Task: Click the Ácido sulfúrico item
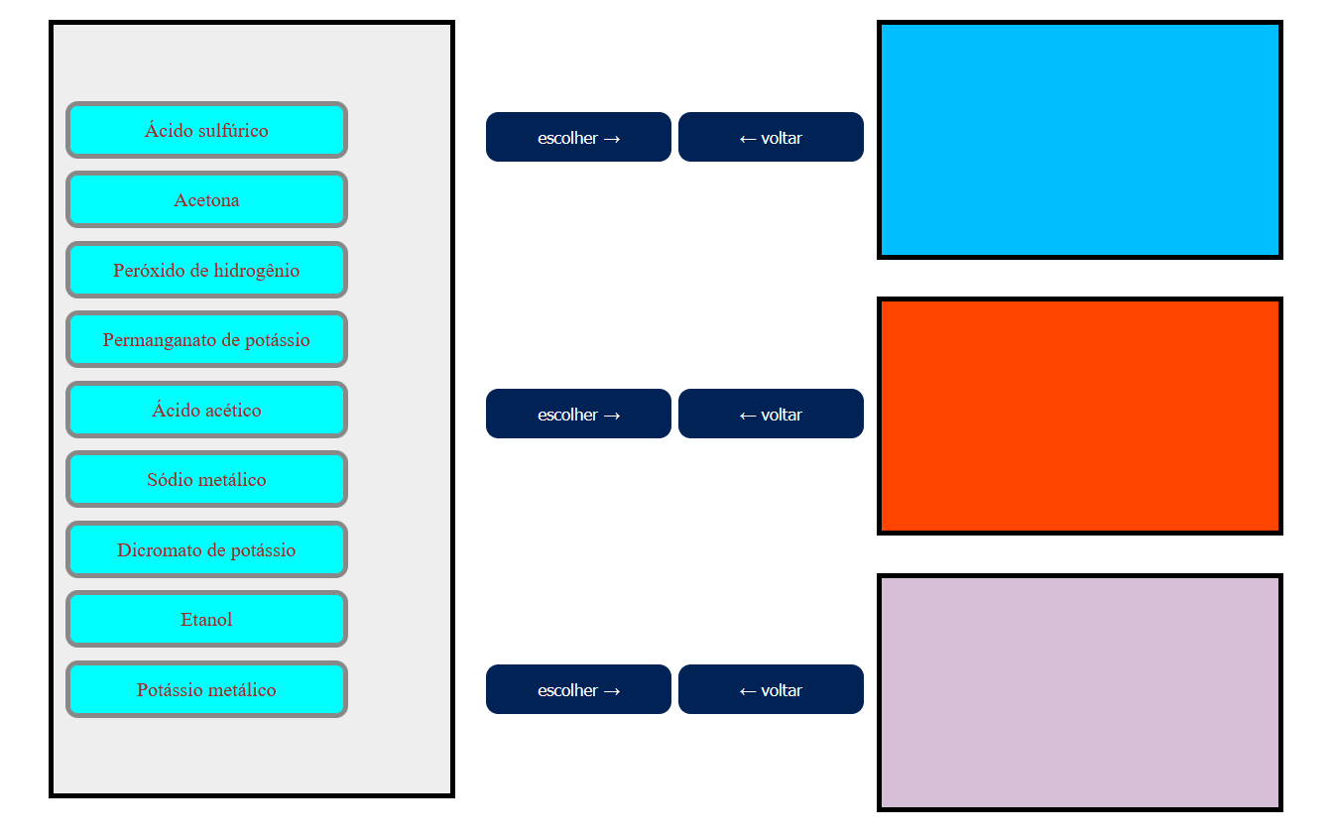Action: pos(206,130)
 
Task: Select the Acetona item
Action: pos(206,200)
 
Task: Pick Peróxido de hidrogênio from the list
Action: pos(206,270)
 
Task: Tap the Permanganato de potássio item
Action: pos(206,340)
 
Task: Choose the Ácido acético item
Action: pos(206,410)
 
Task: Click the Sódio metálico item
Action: pos(206,480)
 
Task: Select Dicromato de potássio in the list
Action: pos(206,549)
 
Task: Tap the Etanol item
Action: pos(206,620)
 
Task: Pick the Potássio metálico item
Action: pos(206,689)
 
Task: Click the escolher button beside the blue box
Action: pos(578,137)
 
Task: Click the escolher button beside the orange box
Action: pos(578,414)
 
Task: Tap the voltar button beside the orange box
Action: pos(771,414)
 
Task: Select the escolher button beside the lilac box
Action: pos(578,689)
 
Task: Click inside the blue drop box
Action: pos(1080,140)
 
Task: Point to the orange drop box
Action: pos(1080,416)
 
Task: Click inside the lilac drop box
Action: pos(1080,692)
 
